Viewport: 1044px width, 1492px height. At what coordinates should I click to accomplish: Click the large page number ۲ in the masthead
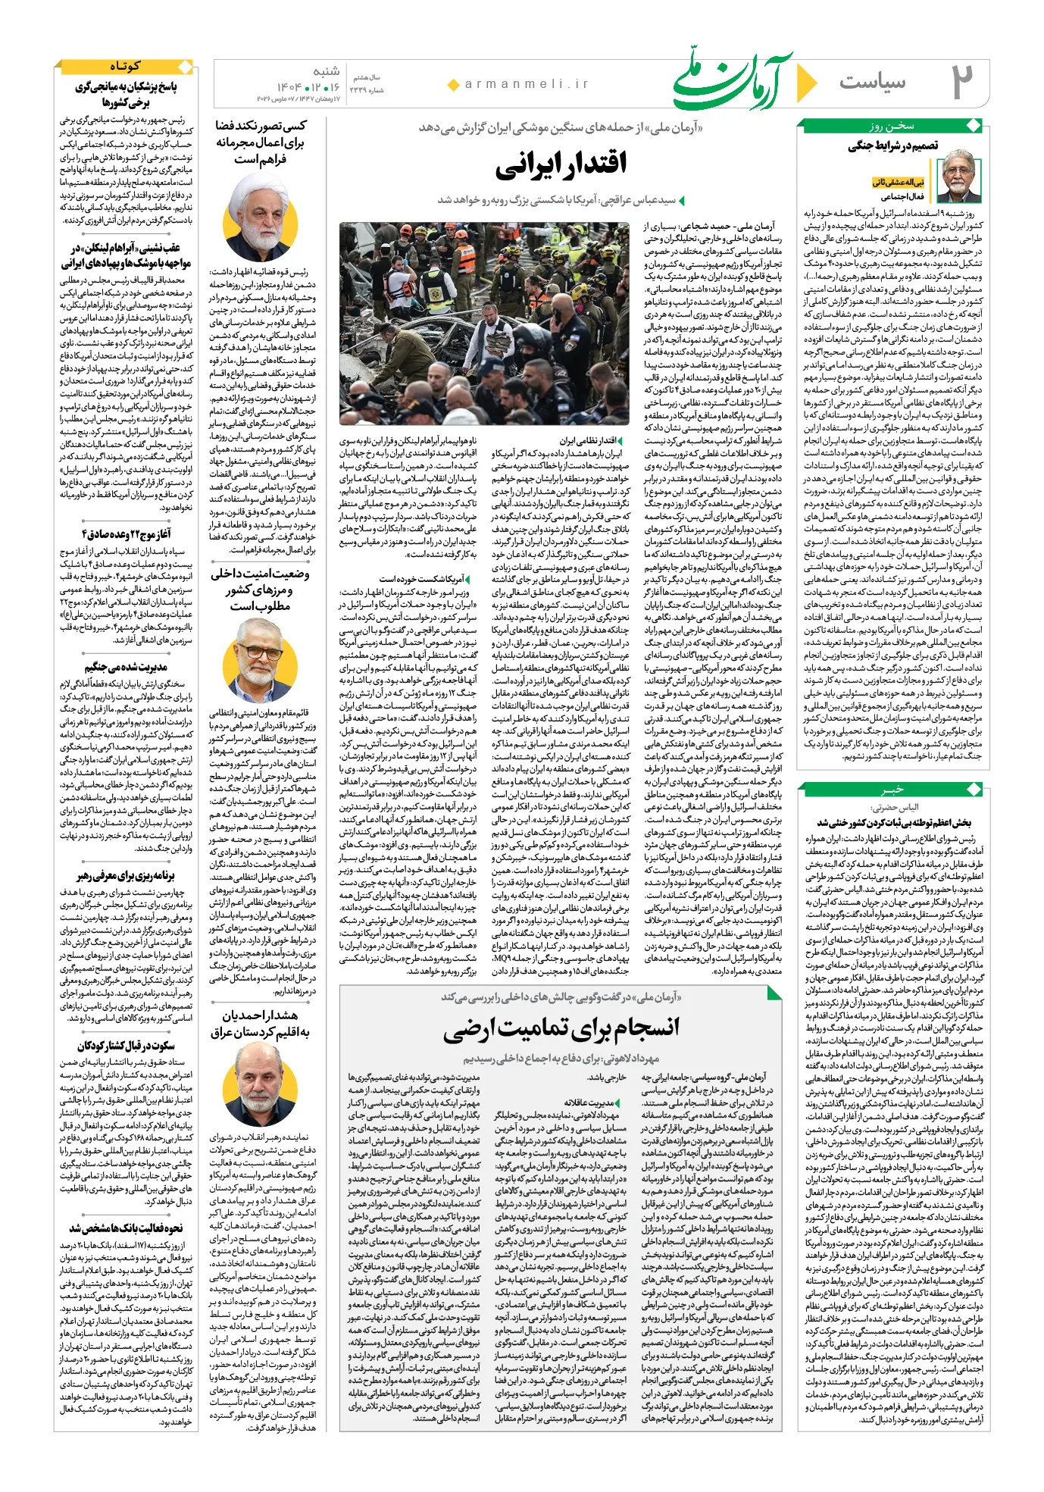(961, 82)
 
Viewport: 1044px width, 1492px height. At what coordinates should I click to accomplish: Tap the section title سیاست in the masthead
(872, 81)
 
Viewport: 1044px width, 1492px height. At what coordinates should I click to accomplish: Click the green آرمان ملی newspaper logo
(732, 82)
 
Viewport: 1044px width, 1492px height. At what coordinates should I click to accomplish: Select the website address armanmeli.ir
(527, 84)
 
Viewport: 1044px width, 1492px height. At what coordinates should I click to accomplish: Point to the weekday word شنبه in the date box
(326, 71)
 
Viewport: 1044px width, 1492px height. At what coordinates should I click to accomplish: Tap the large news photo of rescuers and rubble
(484, 324)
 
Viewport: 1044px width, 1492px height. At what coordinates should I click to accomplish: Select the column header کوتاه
(125, 67)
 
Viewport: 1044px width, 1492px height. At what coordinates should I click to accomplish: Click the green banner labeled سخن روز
(892, 126)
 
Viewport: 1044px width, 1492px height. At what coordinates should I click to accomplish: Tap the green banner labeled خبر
(893, 790)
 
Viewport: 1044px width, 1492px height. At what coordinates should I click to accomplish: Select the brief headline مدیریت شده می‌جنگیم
(126, 667)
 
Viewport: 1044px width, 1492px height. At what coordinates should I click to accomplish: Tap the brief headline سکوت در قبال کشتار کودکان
(126, 1046)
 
